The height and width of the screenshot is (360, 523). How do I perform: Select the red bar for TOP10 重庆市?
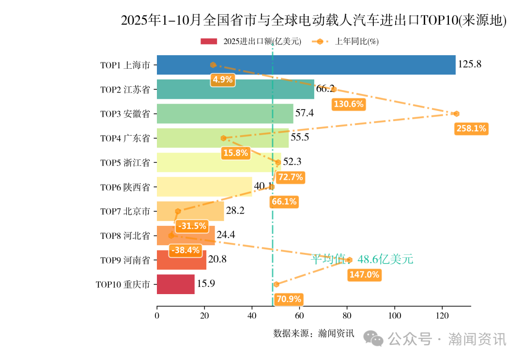[175, 284]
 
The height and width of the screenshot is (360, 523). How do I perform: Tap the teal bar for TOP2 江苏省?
[235, 89]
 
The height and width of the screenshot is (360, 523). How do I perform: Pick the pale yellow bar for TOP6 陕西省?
[204, 187]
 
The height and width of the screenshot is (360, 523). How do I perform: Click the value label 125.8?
[469, 64]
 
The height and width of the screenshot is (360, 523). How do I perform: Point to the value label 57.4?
[305, 113]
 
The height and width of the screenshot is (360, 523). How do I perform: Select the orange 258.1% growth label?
[471, 129]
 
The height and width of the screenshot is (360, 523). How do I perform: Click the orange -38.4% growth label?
[185, 250]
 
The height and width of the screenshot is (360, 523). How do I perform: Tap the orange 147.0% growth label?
[364, 275]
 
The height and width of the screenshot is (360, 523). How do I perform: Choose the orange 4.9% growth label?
[223, 80]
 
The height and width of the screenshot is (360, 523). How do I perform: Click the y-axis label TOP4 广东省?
[125, 138]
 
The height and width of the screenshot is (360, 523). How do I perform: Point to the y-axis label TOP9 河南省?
[125, 260]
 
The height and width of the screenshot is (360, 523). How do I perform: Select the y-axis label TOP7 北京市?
[125, 211]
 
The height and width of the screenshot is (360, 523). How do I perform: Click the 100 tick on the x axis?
[395, 316]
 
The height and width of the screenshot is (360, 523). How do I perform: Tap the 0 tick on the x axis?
[157, 316]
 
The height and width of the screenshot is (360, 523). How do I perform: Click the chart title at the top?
[313, 20]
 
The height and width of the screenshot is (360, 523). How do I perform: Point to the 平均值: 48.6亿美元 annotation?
[362, 259]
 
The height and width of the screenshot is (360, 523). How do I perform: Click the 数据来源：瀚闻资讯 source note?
[313, 333]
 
